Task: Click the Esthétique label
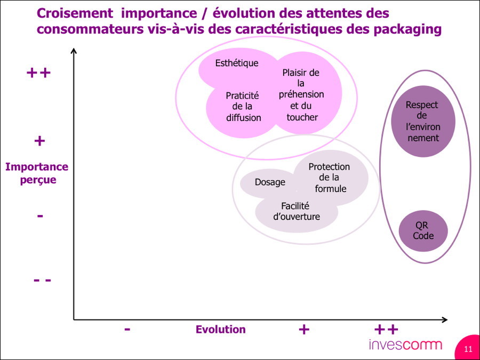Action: [237, 63]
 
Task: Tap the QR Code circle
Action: [423, 231]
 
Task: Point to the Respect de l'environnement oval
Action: [423, 121]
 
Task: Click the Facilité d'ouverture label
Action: [297, 211]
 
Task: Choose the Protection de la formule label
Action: [330, 178]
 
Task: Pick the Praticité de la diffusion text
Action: [243, 107]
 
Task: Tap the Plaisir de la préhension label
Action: [301, 94]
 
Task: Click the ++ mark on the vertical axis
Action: [38, 73]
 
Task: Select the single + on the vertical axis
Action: [39, 141]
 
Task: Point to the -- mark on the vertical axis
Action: [42, 280]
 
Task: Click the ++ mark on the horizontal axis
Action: [386, 330]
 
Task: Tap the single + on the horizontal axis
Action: [304, 330]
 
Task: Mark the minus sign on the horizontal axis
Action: [127, 330]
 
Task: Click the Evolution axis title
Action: [220, 330]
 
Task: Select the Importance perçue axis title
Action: [37, 173]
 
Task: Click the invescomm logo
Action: [405, 345]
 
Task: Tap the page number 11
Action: [468, 349]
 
